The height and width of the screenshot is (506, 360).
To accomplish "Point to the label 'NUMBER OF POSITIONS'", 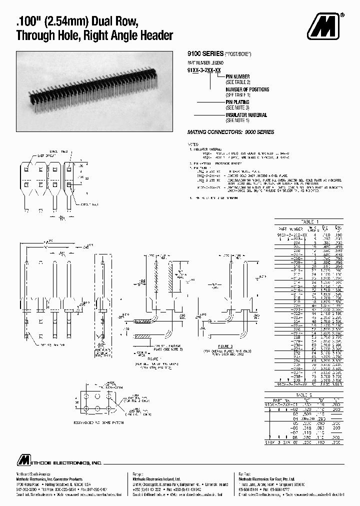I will click(x=247, y=89).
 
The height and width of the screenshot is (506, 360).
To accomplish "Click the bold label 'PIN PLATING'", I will click(x=240, y=102).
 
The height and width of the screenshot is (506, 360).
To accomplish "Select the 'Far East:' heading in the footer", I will click(x=245, y=473).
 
